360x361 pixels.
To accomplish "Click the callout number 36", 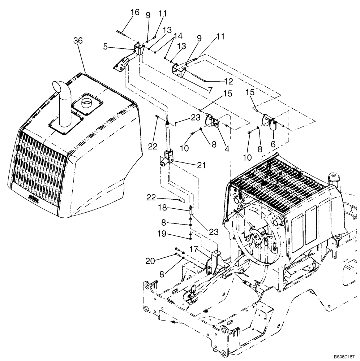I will click(x=78, y=41).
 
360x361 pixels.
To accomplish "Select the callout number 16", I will click(x=134, y=13).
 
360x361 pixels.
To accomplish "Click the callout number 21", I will click(x=201, y=166).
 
